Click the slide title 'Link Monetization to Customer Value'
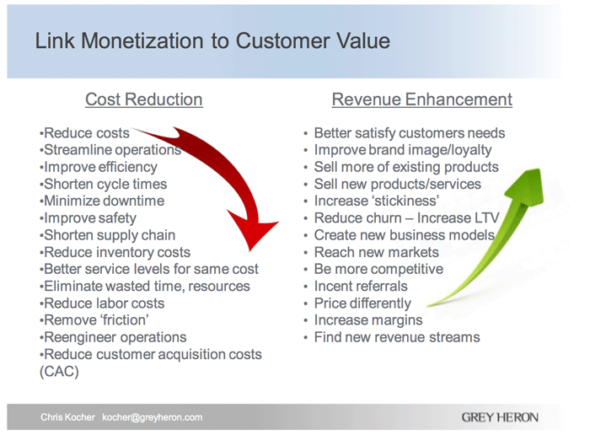pos(212,41)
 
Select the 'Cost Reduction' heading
pos(143,99)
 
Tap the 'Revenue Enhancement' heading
pos(421,99)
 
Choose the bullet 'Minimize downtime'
pos(103,201)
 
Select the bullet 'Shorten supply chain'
pos(108,235)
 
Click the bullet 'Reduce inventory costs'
pos(115,252)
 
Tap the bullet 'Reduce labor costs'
pos(103,303)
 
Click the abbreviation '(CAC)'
pos(59,372)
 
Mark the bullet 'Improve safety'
pos(90,218)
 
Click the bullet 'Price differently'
pos(362,303)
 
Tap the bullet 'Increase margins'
pos(368,320)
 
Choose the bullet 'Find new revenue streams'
pos(396,337)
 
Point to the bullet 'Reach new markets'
pos(376,252)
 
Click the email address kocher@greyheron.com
pos(153,417)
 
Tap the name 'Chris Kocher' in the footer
pos(68,417)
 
